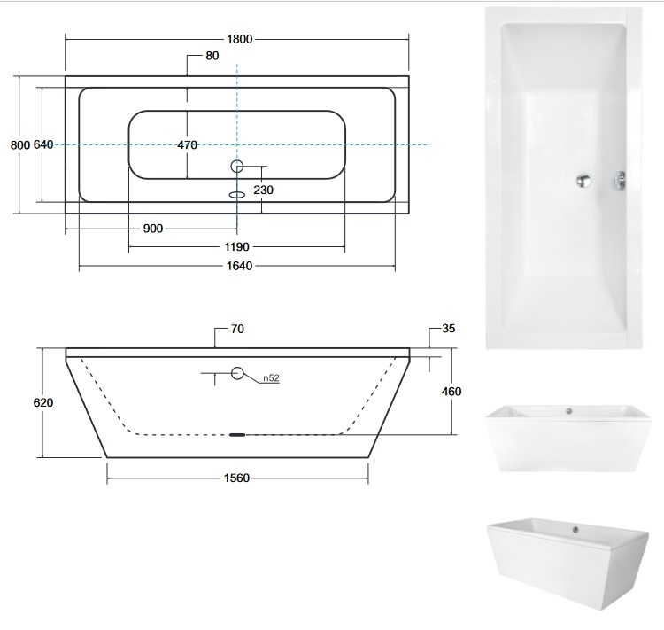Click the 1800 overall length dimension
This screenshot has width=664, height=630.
240,39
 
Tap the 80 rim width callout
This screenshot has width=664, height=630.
212,56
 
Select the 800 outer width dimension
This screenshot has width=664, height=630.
20,145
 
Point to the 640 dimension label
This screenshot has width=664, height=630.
43,144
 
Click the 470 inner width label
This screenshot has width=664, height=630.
187,145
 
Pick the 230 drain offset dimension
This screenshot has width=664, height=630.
264,190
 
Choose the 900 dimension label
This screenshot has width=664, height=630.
153,229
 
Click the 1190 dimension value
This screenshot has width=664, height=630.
236,246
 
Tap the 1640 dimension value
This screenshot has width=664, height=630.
239,266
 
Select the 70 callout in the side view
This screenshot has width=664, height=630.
237,329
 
